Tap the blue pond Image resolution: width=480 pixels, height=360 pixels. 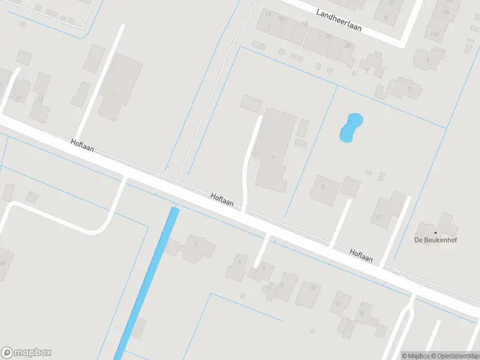pos(350,128)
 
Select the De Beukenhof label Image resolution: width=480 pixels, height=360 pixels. pos(436,240)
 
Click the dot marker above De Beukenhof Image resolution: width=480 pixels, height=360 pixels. pos(436,232)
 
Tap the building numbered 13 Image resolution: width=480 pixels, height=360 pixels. pos(379,217)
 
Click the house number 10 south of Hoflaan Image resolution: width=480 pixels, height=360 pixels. pos(313,288)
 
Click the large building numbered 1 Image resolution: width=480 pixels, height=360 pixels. pos(114,95)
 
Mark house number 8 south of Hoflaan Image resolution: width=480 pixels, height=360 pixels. pos(281,284)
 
